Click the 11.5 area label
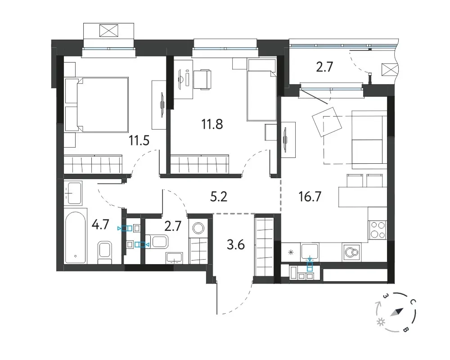tap(139, 141)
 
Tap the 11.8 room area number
tap(212, 124)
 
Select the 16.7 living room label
tap(310, 197)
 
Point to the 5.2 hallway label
tap(219, 197)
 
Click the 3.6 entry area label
tap(236, 245)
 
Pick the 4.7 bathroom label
tap(100, 224)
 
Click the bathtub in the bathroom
tap(76, 238)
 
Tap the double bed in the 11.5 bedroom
tap(97, 104)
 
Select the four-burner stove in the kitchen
tap(378, 229)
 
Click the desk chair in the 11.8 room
tap(202, 80)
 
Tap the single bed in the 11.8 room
tap(261, 90)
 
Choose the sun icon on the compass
tap(381, 322)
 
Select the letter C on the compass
tap(413, 301)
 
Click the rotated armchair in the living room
tap(327, 122)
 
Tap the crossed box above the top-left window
tap(109, 31)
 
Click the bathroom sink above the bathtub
tap(73, 193)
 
